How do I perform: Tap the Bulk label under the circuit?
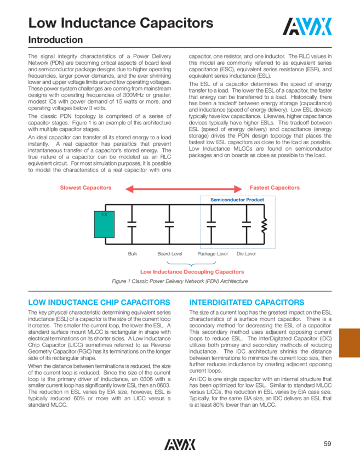pyautogui.click(x=133, y=254)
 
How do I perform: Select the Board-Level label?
pyautogui.click(x=169, y=254)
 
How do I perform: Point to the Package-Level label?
pyautogui.click(x=212, y=254)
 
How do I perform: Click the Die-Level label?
pyautogui.click(x=246, y=254)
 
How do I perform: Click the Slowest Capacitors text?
pyautogui.click(x=85, y=188)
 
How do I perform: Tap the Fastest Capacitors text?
pyautogui.click(x=275, y=188)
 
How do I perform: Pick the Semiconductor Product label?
pyautogui.click(x=237, y=200)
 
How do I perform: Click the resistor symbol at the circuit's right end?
pyautogui.click(x=264, y=224)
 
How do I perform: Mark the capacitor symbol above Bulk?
pyautogui.click(x=132, y=224)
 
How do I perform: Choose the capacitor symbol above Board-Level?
pyautogui.click(x=169, y=224)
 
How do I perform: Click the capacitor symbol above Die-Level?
pyautogui.click(x=246, y=224)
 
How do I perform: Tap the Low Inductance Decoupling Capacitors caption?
pyautogui.click(x=192, y=271)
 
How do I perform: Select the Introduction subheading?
pyautogui.click(x=55, y=40)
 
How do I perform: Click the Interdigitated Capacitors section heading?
pyautogui.click(x=247, y=302)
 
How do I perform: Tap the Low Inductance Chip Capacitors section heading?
pyautogui.click(x=99, y=302)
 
